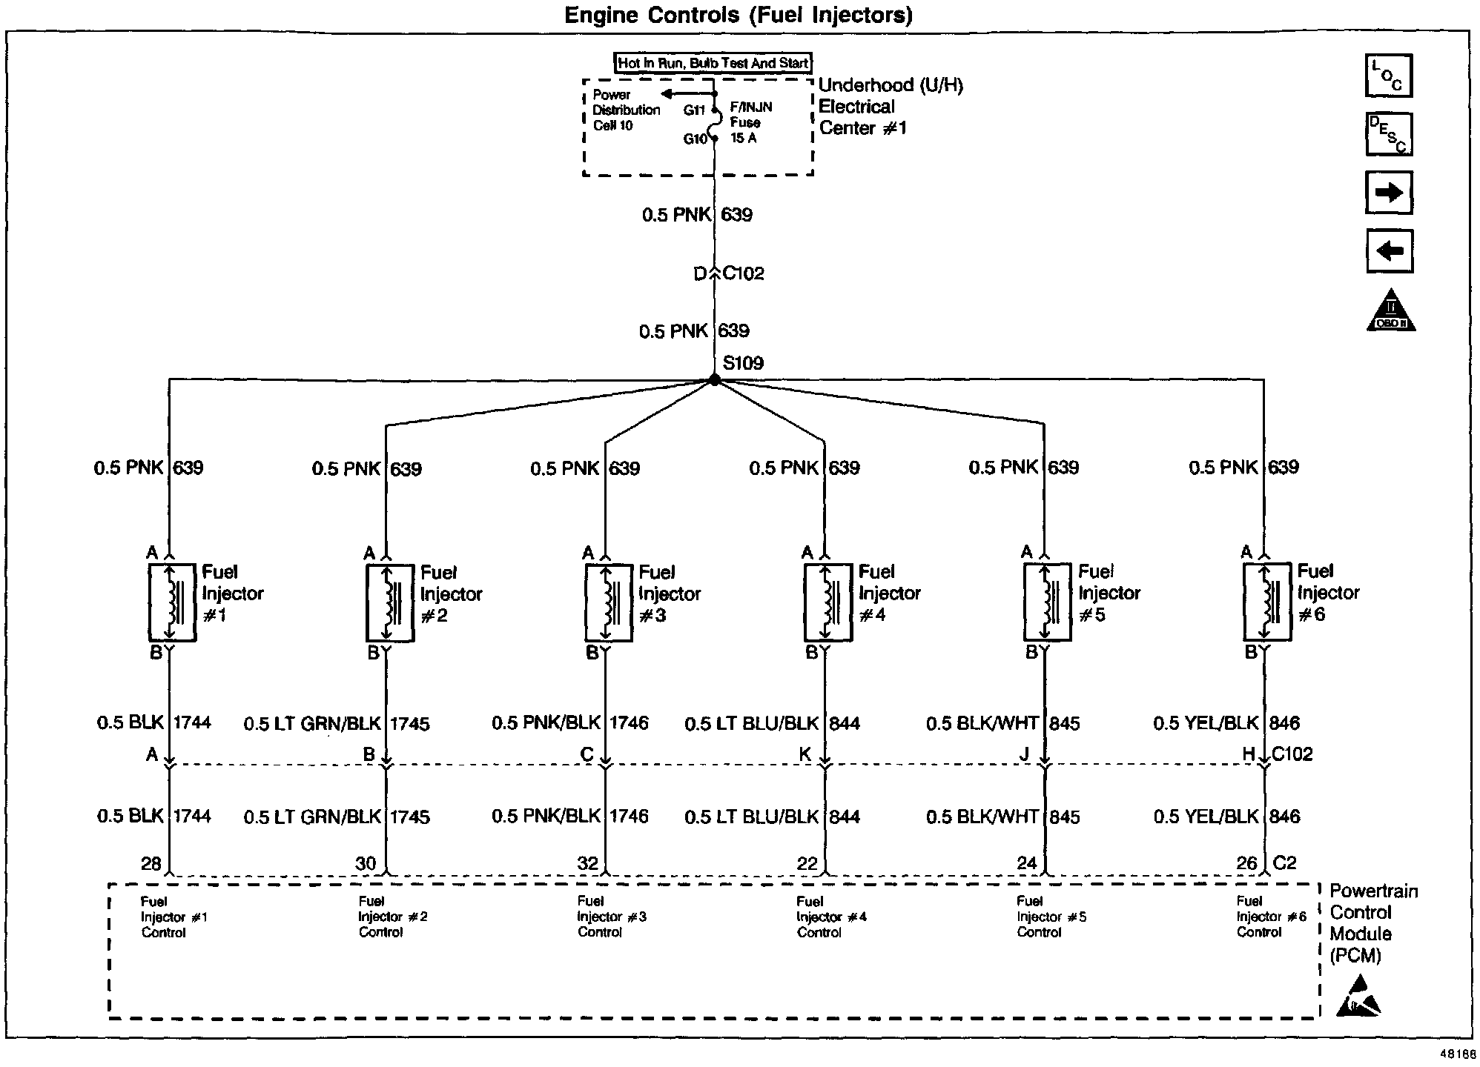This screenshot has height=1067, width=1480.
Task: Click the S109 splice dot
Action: tap(714, 379)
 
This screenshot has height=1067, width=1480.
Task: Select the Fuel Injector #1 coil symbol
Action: tap(172, 602)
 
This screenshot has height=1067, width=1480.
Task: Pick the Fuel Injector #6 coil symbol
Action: tap(1266, 601)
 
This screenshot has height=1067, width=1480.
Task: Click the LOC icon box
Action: tap(1388, 76)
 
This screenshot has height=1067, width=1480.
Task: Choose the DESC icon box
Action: tap(1388, 134)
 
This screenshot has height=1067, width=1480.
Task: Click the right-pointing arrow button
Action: tap(1388, 193)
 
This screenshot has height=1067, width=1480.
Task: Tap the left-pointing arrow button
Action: tap(1388, 251)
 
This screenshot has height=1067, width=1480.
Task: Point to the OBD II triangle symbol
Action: tap(1390, 311)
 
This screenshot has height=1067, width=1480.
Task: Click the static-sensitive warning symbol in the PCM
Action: tap(1358, 997)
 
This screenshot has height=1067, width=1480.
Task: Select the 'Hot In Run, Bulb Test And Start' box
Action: tap(713, 63)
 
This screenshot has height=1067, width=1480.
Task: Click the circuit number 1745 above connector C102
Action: tap(410, 724)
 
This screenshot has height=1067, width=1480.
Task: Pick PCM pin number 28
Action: tap(151, 863)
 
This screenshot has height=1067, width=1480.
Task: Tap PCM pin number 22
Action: tap(807, 863)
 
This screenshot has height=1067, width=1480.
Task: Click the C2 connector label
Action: tap(1284, 863)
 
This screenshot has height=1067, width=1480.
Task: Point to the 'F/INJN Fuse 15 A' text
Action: tap(750, 123)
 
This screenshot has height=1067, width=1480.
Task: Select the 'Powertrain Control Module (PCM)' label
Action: tap(1372, 923)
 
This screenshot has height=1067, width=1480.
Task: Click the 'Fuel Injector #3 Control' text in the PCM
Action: tap(612, 917)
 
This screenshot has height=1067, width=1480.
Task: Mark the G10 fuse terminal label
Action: tap(695, 139)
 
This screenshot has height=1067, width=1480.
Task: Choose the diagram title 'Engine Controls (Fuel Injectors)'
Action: tap(739, 15)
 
